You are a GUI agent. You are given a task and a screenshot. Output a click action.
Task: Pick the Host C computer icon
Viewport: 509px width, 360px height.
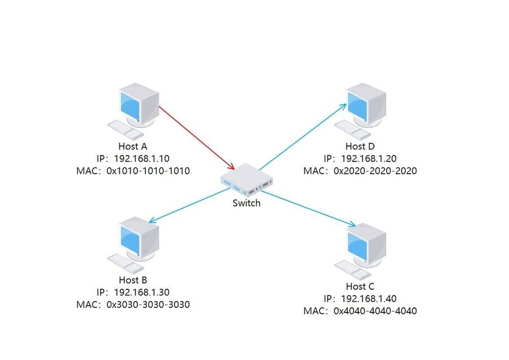click(x=365, y=246)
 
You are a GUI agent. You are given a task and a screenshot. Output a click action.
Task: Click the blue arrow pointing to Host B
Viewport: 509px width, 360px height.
click(x=187, y=206)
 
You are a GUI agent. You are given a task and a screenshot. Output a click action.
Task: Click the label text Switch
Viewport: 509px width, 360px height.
click(x=247, y=203)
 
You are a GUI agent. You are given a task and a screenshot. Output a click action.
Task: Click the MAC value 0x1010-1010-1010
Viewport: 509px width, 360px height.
click(x=148, y=170)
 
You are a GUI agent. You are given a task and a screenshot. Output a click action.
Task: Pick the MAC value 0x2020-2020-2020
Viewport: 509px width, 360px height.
click(x=375, y=170)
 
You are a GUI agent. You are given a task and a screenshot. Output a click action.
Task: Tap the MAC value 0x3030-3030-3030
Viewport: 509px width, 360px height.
click(x=148, y=305)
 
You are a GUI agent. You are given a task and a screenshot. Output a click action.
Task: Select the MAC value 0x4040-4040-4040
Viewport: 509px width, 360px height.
click(x=375, y=311)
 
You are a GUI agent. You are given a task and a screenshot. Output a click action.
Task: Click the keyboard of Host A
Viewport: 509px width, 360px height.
click(x=126, y=130)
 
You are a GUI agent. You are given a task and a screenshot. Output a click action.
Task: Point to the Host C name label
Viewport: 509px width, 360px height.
click(x=360, y=286)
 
